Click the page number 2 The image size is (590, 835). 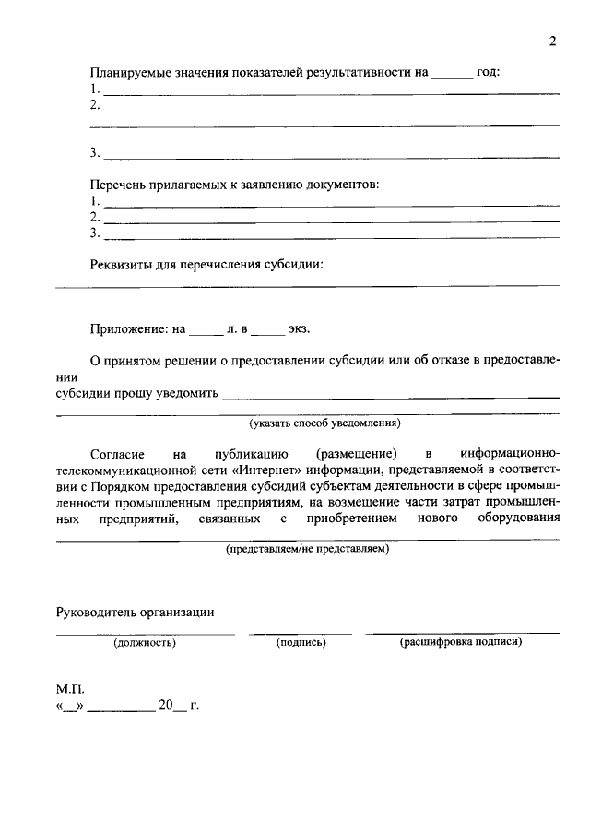(551, 42)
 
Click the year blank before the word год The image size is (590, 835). (452, 73)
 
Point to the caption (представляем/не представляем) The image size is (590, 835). (308, 549)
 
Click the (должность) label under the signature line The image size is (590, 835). (145, 643)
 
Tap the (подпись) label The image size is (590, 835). (301, 643)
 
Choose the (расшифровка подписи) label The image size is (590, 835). (461, 642)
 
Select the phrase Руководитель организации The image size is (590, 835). (136, 611)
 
